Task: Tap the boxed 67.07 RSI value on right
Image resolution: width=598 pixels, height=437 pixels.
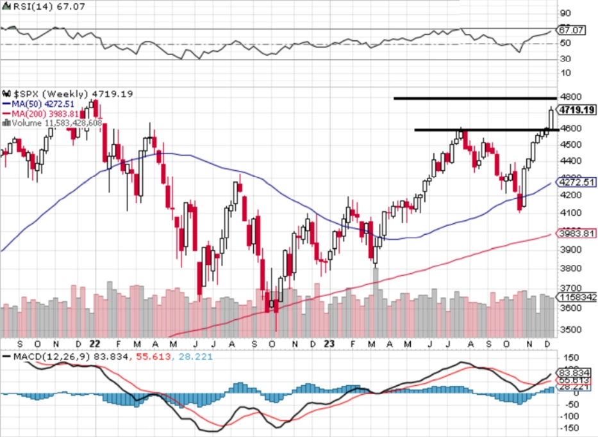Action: (x=570, y=30)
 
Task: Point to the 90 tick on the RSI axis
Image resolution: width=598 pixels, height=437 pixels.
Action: (x=565, y=13)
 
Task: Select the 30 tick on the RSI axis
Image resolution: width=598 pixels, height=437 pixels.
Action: (x=565, y=59)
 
